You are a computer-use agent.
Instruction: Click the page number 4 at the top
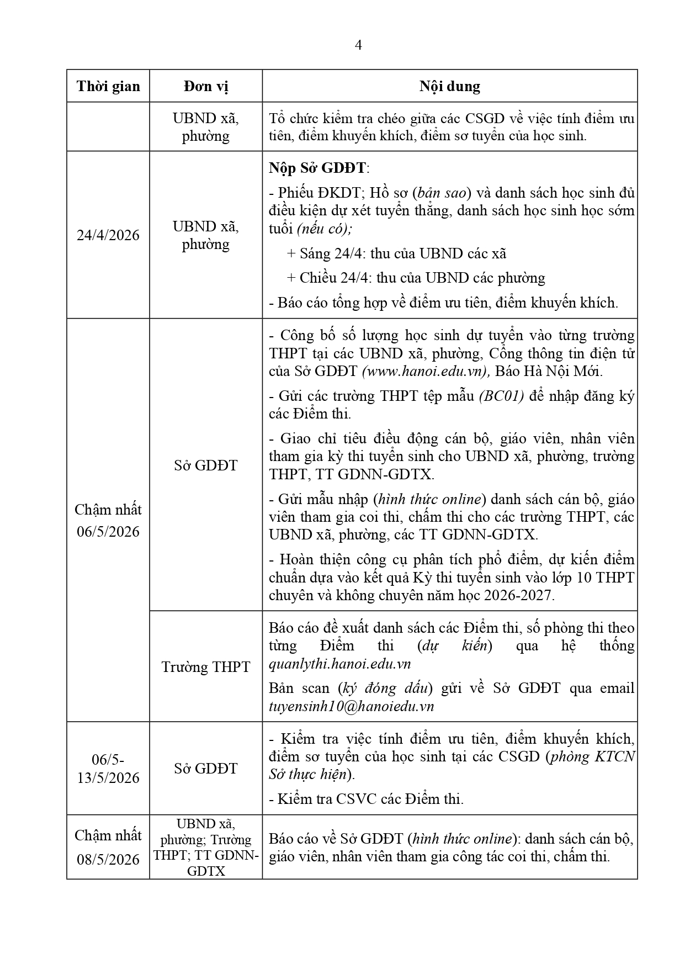point(358,45)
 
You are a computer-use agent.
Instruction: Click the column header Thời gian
point(108,86)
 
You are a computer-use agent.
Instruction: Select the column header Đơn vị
point(206,86)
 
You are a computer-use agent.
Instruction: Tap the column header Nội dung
point(449,86)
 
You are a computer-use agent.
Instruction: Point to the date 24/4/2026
point(108,235)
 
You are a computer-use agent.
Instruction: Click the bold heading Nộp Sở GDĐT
point(318,168)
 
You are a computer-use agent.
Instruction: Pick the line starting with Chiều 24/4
point(416,278)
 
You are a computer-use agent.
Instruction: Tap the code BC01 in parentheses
point(501,396)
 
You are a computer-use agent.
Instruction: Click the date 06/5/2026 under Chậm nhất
point(108,532)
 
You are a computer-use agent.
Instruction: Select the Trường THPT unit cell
point(206,666)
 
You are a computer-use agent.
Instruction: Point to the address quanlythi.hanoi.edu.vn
point(340,664)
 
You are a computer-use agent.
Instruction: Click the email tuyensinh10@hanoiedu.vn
point(351,706)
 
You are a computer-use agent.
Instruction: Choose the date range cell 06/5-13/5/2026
point(108,769)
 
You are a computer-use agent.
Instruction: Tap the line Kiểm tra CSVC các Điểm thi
point(366,799)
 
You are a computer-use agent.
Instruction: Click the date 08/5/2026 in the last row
point(108,860)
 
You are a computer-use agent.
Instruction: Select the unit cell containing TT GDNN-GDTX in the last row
point(206,847)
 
